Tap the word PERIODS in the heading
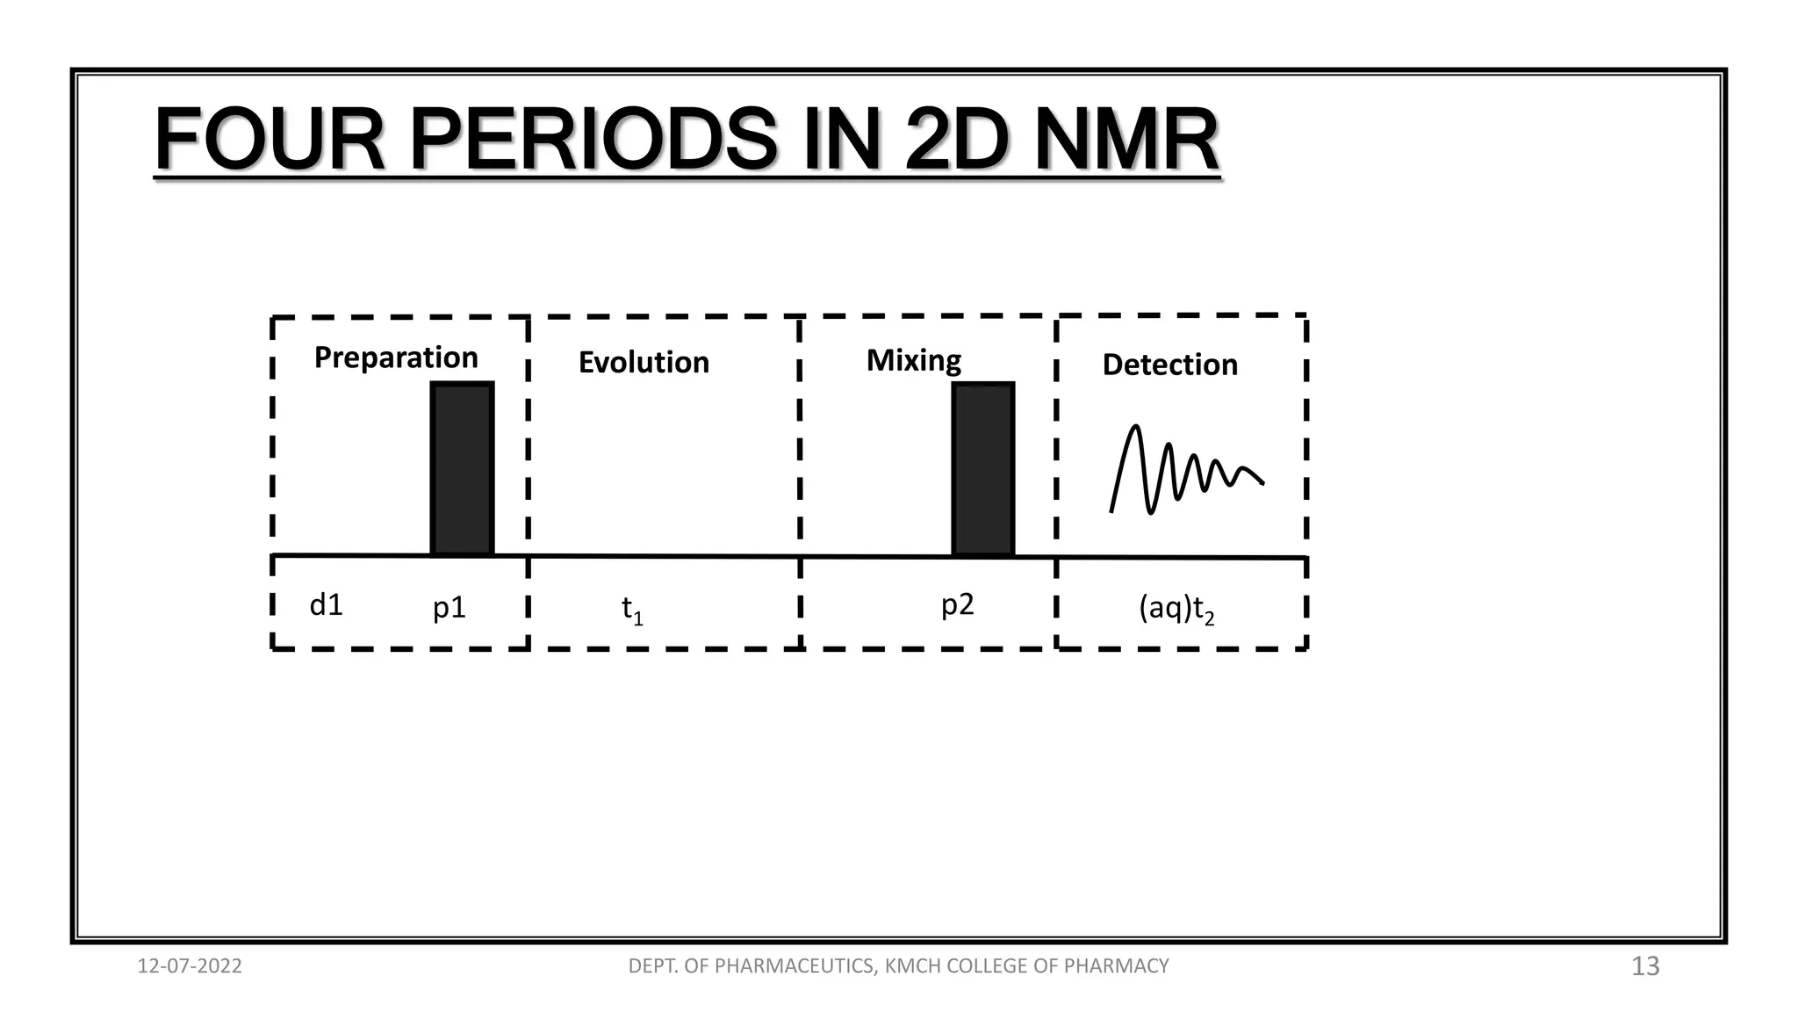point(593,140)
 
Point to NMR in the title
point(1126,140)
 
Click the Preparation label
point(396,358)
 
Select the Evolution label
point(644,362)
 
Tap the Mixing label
point(913,360)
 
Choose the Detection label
point(1169,365)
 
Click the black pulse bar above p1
point(462,468)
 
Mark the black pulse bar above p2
point(983,468)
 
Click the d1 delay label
point(327,605)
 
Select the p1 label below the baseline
point(449,608)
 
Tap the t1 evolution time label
point(632,609)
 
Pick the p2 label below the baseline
point(957,605)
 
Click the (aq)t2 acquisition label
point(1176,608)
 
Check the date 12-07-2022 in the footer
point(190,966)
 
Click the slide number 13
point(1645,966)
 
